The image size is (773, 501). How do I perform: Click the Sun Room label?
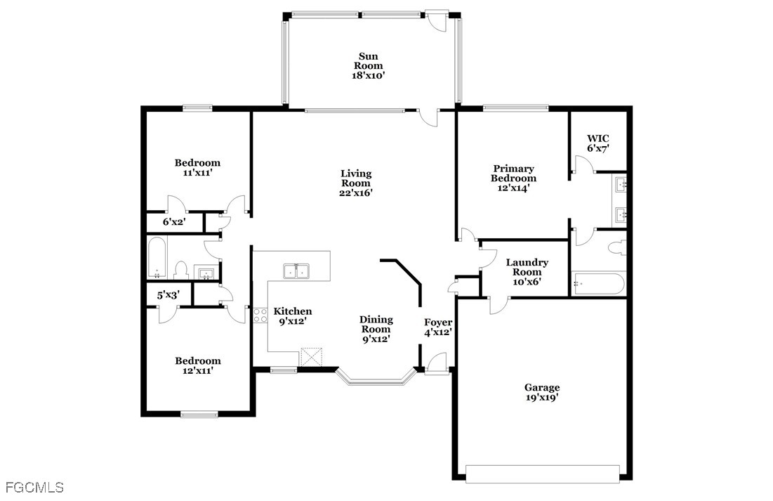coord(369,60)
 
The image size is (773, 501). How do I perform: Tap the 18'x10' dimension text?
coord(369,75)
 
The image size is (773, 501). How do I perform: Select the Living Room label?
coord(356,178)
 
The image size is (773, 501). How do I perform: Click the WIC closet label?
coord(598,138)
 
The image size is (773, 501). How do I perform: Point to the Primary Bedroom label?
coord(514,174)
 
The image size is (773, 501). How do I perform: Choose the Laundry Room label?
coord(527,267)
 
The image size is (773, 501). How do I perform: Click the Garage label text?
coord(542,388)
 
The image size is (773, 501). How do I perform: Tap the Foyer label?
coord(438,323)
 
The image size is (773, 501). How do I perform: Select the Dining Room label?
coord(376,325)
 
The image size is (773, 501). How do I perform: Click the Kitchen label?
coord(293,311)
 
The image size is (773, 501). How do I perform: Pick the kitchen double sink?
coord(296,271)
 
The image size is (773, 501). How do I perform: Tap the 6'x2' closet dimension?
coord(174,222)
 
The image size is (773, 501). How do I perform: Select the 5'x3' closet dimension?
coord(168,295)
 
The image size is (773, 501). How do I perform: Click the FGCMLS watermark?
coord(32,488)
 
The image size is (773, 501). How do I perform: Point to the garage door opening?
coord(542,474)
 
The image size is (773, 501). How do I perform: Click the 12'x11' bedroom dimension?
coord(198,371)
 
